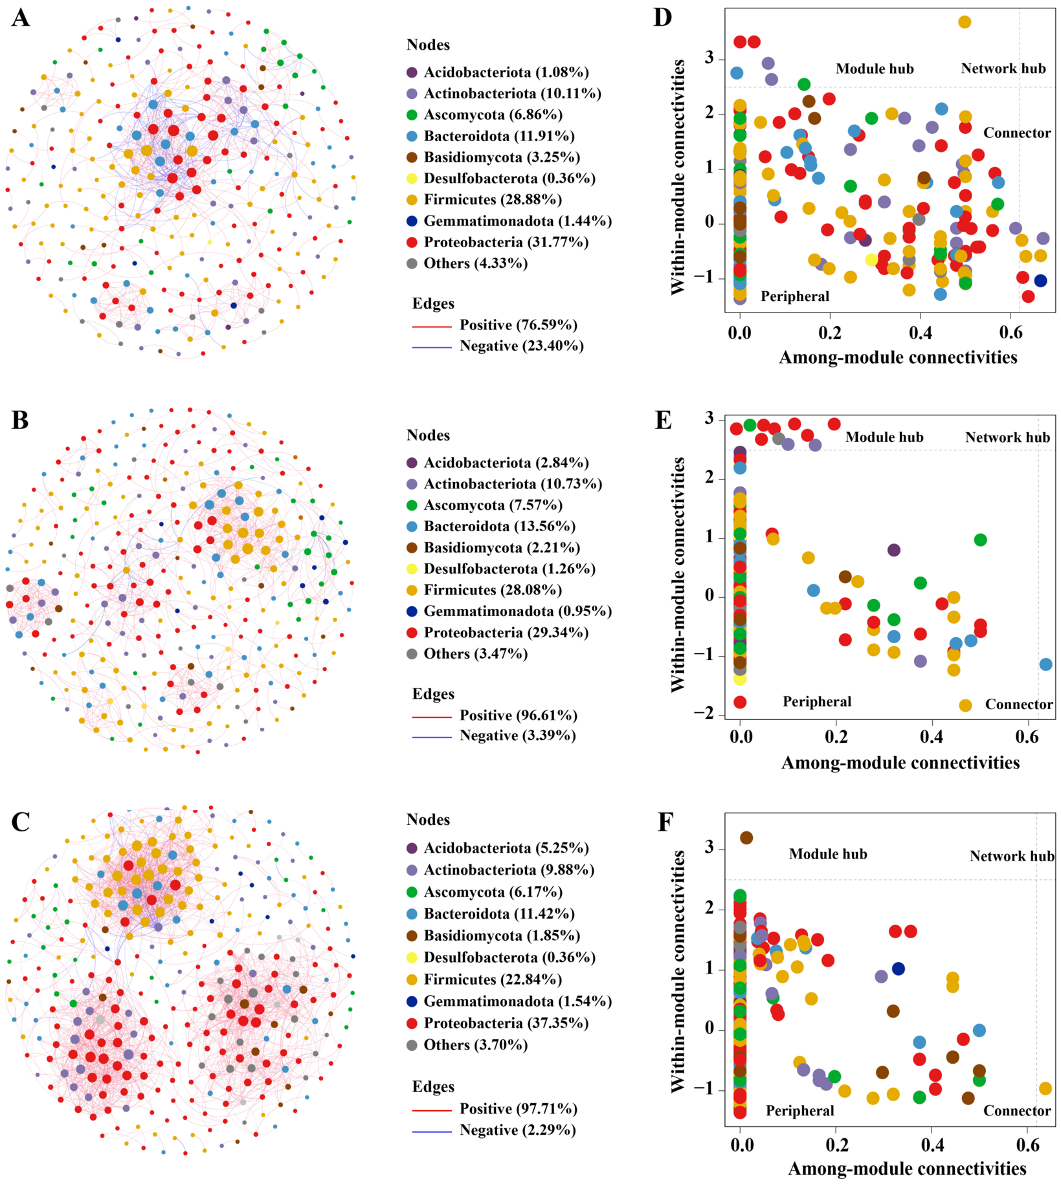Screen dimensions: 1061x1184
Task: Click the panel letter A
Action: (x=21, y=17)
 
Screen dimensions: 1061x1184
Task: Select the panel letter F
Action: (x=665, y=822)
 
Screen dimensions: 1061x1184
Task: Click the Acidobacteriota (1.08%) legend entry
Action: (x=498, y=72)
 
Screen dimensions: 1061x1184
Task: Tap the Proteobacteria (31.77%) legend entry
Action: (x=498, y=242)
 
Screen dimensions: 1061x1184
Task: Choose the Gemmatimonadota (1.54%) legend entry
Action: (x=509, y=1002)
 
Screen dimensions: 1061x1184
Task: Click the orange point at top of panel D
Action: (x=965, y=22)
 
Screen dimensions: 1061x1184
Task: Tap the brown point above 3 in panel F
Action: (x=746, y=838)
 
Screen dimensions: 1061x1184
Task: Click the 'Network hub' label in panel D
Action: (x=1003, y=69)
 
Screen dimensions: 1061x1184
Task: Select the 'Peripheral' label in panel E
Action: (x=817, y=701)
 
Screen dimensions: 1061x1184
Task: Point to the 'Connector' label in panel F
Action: (x=1017, y=1111)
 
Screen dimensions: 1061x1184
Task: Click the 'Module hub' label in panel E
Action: (x=884, y=437)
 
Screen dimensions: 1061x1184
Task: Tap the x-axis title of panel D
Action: (x=898, y=357)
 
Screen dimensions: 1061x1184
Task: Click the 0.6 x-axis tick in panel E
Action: (x=1027, y=737)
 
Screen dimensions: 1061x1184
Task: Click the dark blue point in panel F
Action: (x=898, y=969)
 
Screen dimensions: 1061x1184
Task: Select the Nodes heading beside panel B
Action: (x=428, y=435)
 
